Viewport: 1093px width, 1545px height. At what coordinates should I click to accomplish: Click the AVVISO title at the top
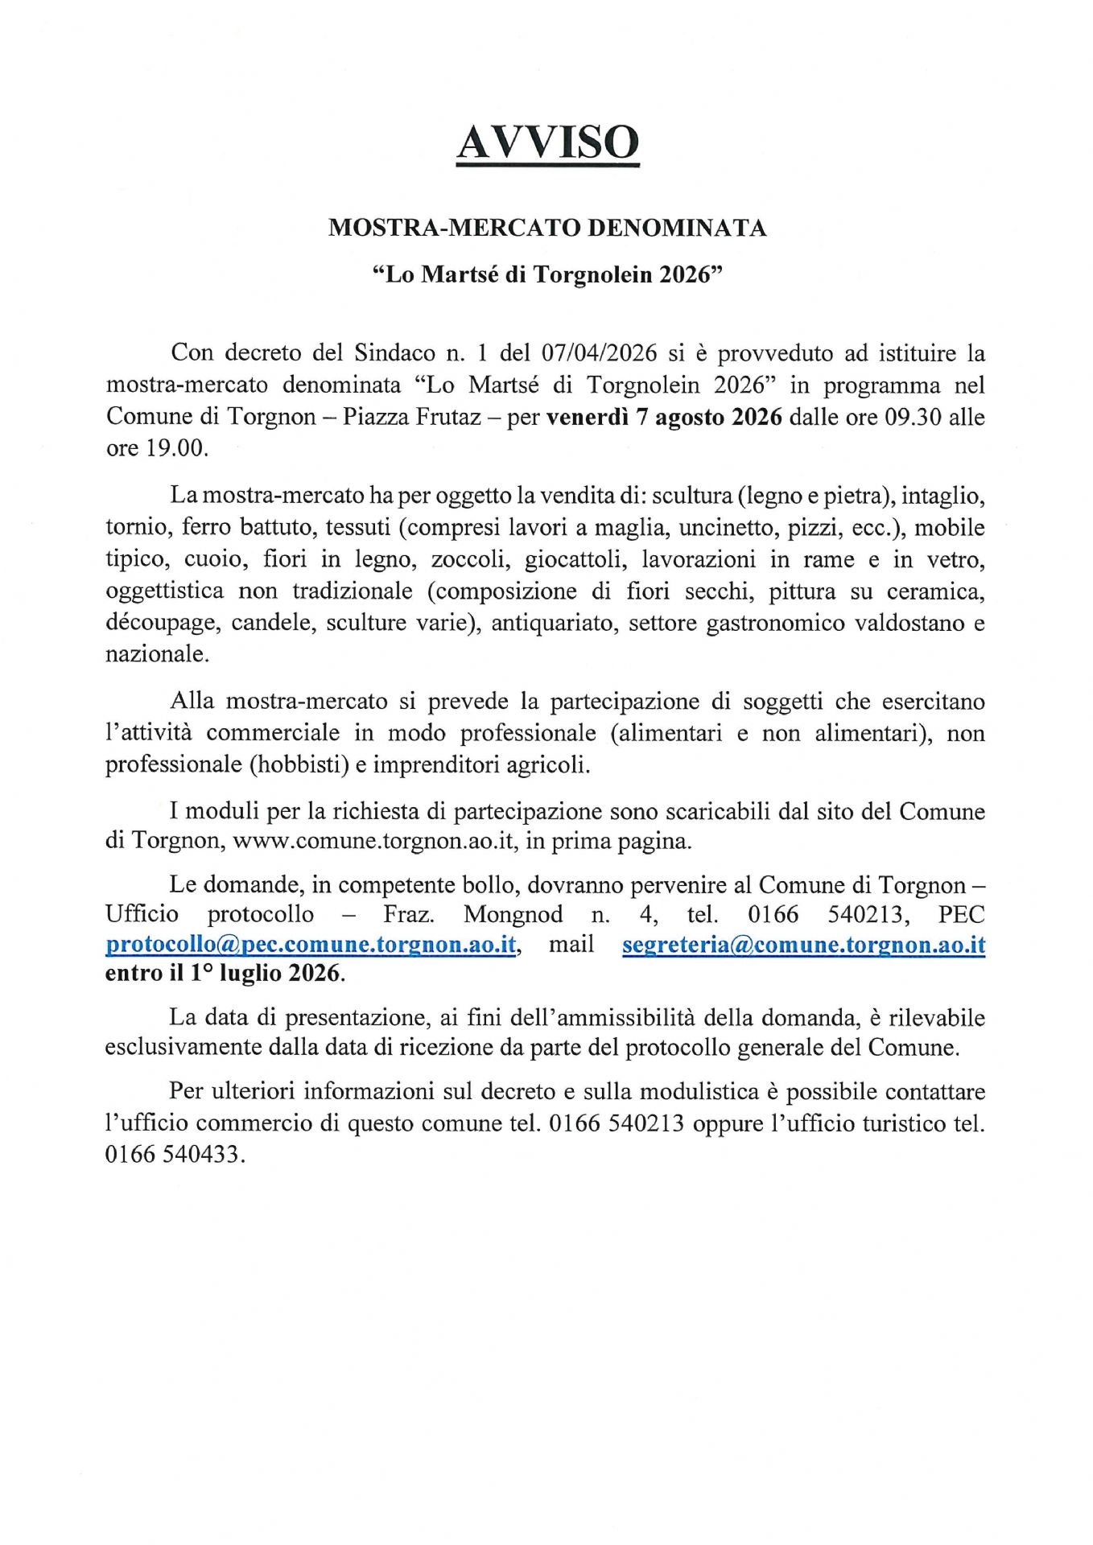547,143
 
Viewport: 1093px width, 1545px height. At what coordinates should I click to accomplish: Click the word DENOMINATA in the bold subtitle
677,229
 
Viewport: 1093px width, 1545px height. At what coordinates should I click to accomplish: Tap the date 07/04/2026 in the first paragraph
599,353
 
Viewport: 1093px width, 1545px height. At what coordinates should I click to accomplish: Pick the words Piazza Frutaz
411,417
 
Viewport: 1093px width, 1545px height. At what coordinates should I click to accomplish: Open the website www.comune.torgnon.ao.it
373,841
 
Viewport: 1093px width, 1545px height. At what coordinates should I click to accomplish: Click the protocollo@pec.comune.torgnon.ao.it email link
311,944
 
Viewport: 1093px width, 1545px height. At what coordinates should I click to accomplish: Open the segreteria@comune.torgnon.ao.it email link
803,944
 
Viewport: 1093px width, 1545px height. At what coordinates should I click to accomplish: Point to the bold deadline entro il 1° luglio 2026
225,974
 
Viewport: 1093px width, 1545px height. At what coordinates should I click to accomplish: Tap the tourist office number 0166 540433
173,1155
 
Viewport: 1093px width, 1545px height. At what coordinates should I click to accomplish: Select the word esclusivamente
186,1048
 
